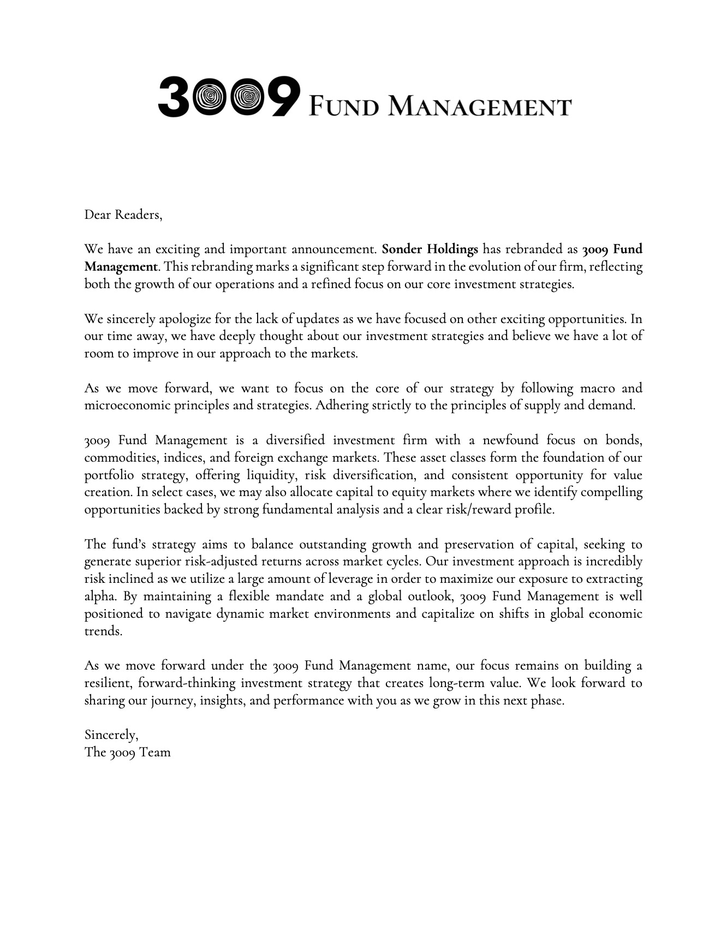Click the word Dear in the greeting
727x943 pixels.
[97, 215]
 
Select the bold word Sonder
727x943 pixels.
[402, 249]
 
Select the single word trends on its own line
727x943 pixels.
[103, 631]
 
